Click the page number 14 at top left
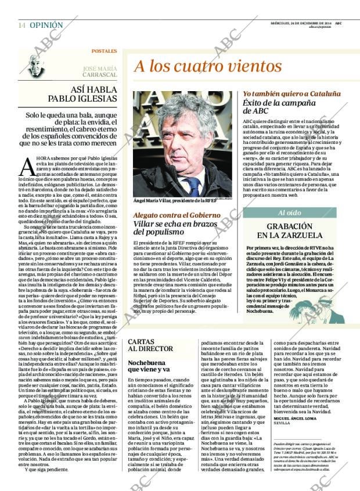[x=21, y=26]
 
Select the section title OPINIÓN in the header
[x=46, y=26]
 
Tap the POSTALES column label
[x=104, y=51]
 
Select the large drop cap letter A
[x=27, y=167]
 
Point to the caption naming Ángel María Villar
[x=174, y=200]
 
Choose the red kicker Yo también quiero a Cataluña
[x=291, y=93]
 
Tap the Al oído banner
[x=290, y=212]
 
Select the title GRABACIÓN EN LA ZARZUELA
[x=290, y=231]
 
